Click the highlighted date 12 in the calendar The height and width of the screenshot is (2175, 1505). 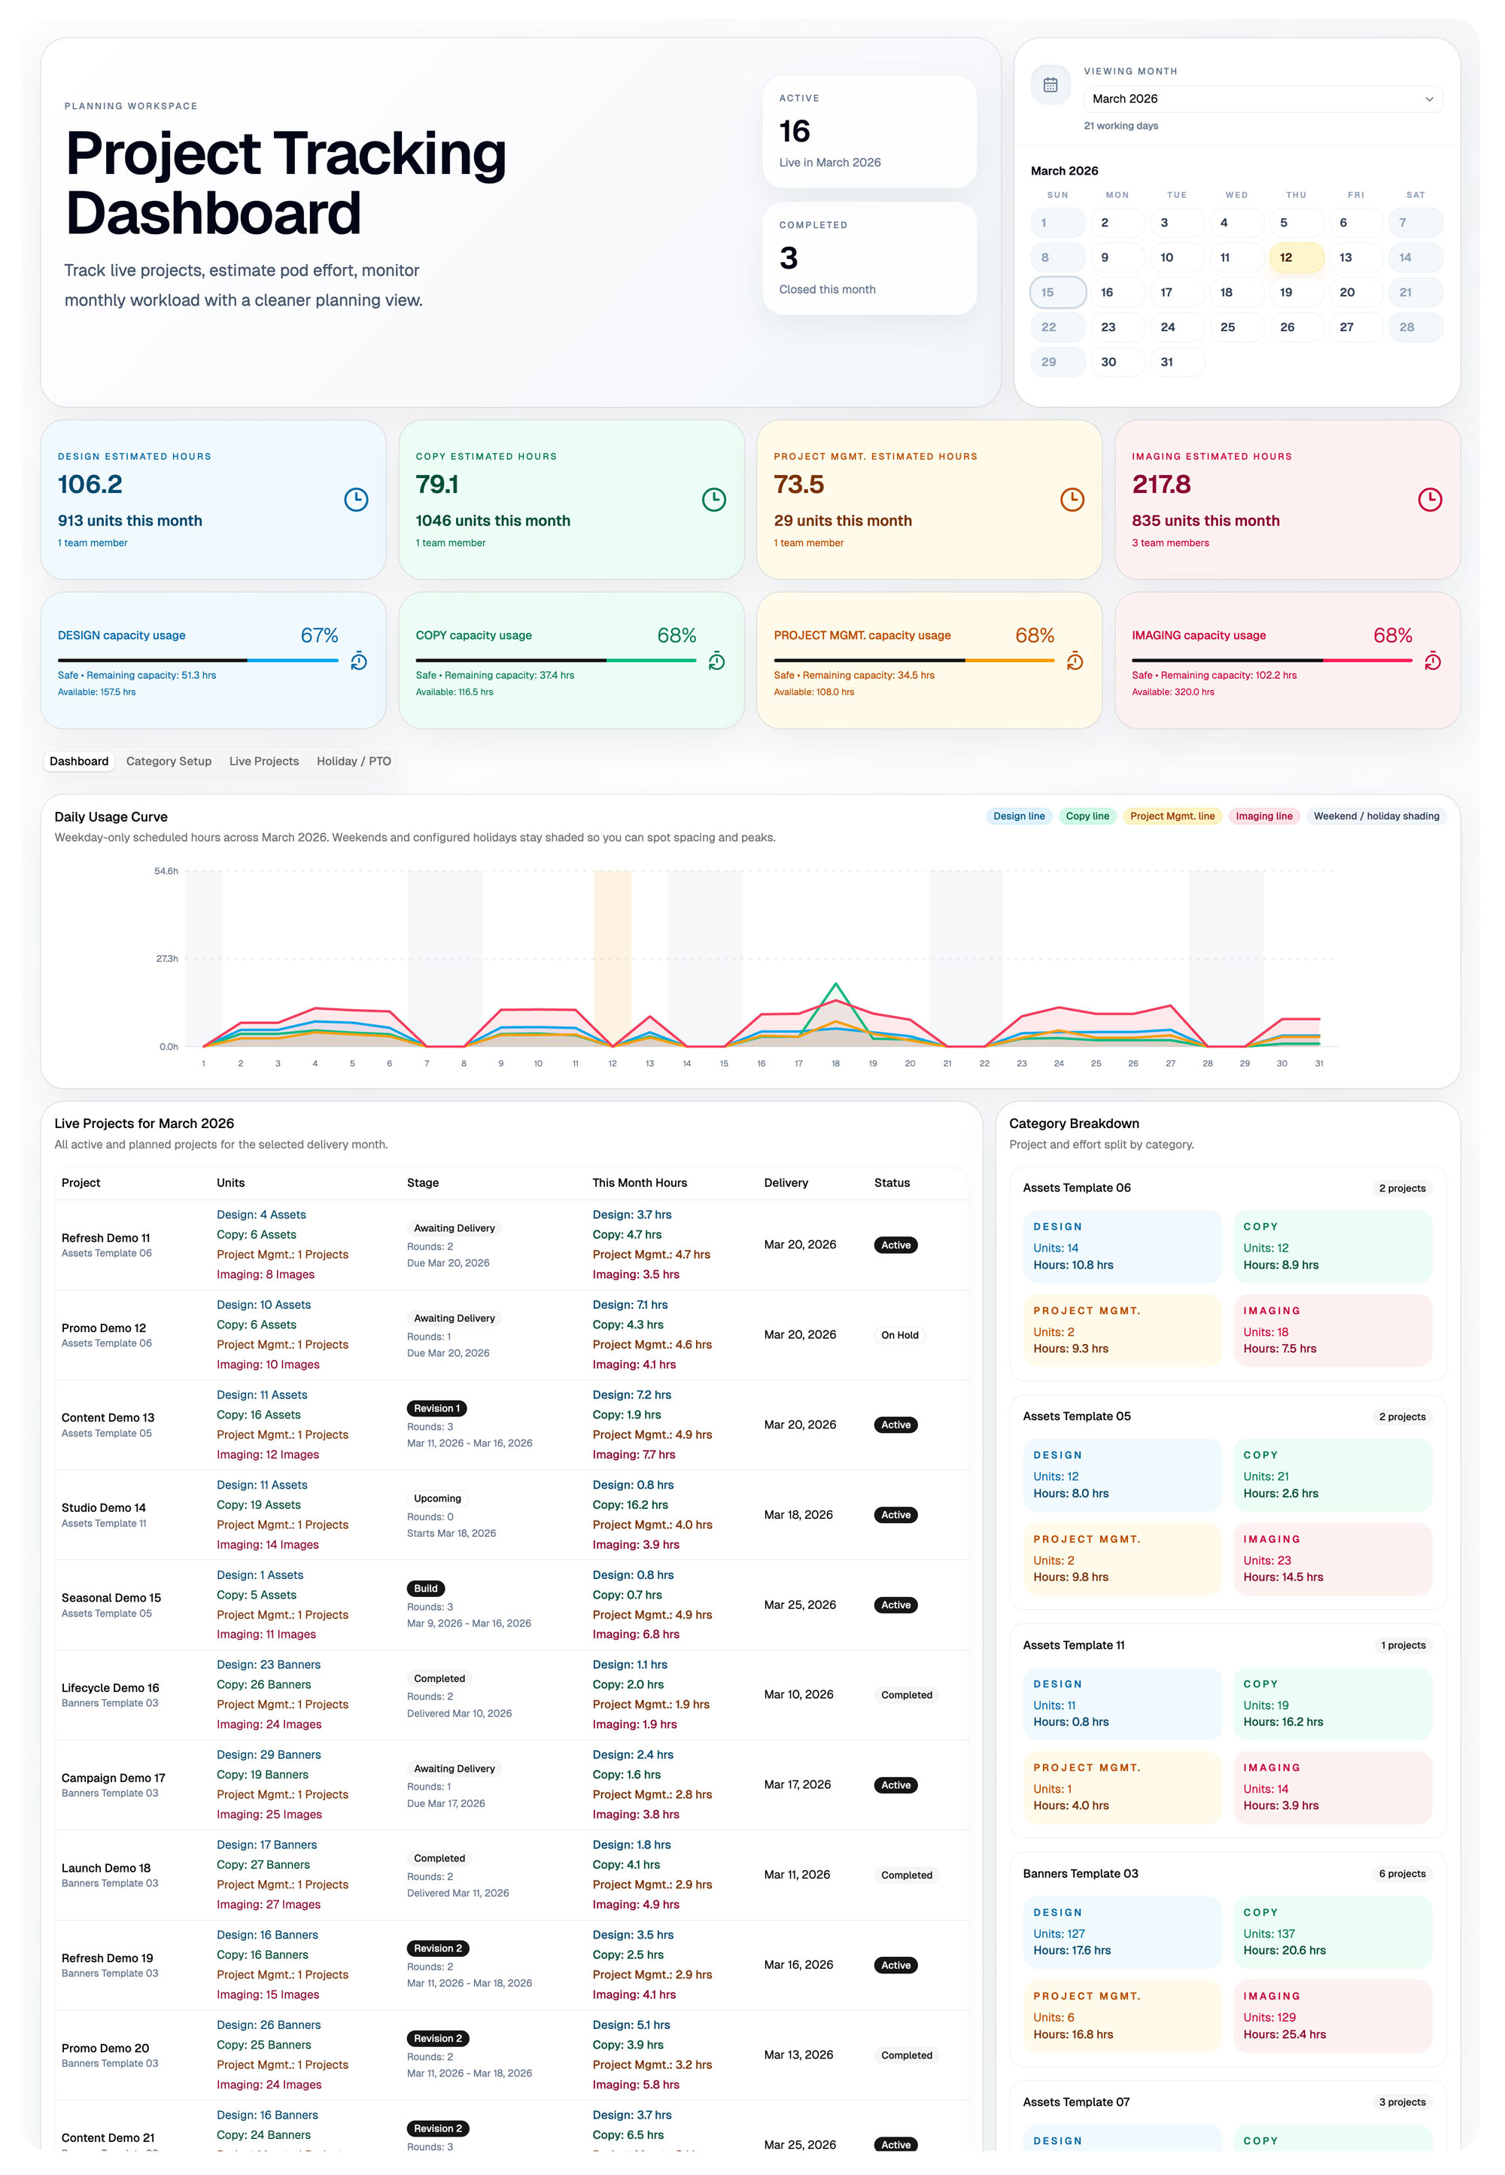[1296, 257]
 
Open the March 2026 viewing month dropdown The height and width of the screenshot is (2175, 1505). [1262, 99]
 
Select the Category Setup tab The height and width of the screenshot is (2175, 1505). [169, 761]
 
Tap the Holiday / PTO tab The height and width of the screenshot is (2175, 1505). [354, 761]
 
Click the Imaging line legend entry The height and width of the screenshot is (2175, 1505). [1263, 816]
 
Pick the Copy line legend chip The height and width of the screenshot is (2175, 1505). [1087, 816]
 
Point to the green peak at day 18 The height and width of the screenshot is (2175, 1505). [835, 986]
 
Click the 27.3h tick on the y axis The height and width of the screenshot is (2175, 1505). [167, 958]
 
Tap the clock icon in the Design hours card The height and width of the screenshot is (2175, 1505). [355, 500]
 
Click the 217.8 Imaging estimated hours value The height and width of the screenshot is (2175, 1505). [1161, 485]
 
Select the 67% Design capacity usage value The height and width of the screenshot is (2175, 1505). [319, 636]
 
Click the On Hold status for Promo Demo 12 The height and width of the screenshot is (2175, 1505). [899, 1334]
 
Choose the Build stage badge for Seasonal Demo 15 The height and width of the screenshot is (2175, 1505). [425, 1588]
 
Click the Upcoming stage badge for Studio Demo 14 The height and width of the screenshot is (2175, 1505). [437, 1498]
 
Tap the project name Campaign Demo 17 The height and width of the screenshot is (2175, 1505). [113, 1778]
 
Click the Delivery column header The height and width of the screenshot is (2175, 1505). [786, 1183]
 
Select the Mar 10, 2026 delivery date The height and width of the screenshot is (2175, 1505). [798, 1694]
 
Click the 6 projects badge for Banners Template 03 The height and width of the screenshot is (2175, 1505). [1401, 1873]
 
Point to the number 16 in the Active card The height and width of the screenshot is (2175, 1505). [794, 131]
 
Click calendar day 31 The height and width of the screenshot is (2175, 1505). [1167, 362]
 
